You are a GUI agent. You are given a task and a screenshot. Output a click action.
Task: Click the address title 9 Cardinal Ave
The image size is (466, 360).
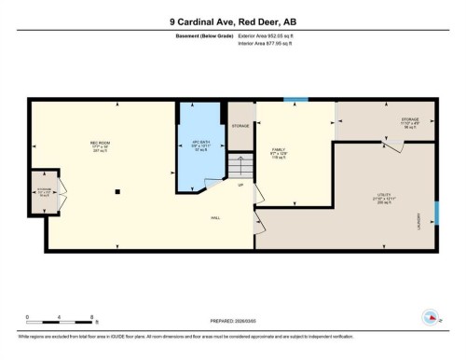click(232, 21)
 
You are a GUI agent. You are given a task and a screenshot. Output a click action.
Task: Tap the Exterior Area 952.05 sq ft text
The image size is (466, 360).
click(273, 35)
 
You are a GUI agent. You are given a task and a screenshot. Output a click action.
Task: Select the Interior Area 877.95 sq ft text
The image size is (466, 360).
click(272, 44)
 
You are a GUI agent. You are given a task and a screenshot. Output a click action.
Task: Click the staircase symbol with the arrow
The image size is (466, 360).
click(240, 169)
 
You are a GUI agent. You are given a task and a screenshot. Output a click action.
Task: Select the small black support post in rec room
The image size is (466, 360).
click(116, 191)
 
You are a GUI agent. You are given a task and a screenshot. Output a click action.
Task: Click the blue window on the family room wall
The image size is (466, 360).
click(295, 99)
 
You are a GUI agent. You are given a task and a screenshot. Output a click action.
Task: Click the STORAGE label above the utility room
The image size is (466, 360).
click(410, 119)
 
